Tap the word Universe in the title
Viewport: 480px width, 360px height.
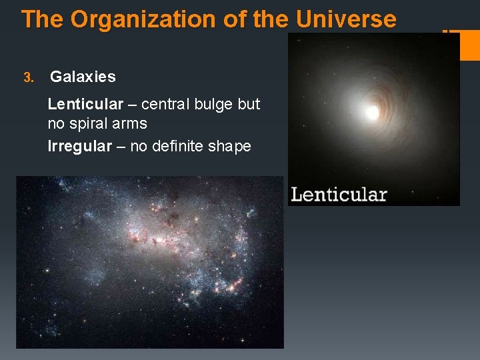pos(346,19)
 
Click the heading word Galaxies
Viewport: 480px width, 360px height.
pos(83,77)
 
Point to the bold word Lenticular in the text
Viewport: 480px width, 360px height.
pos(85,105)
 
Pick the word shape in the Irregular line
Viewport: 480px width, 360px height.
pos(230,146)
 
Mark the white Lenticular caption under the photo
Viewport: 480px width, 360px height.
pos(339,195)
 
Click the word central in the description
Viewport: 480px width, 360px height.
pos(166,105)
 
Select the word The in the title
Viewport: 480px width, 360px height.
pos(43,19)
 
